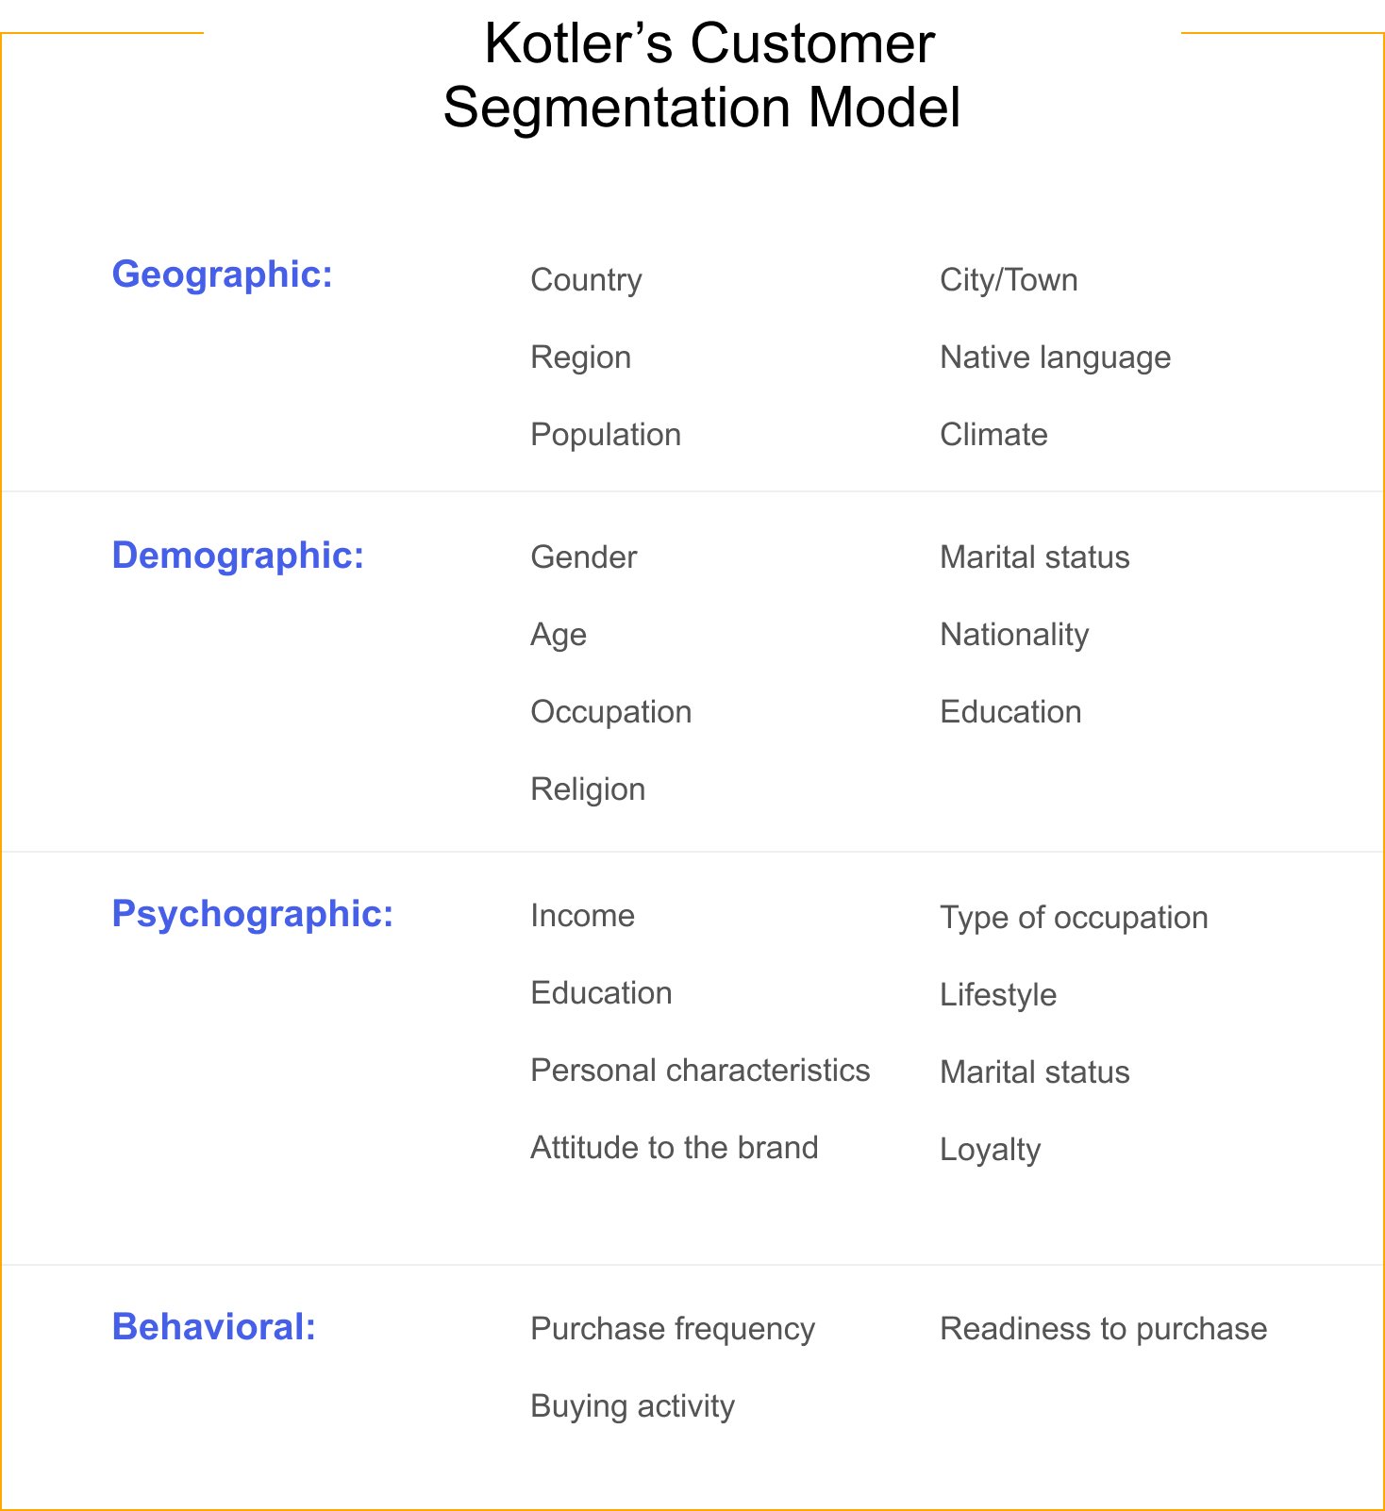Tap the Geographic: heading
coord(223,275)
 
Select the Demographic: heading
coord(238,556)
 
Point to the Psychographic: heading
coord(253,915)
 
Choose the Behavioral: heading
coord(214,1327)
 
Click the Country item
coord(587,280)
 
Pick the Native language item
coord(1056,358)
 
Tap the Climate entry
coord(994,435)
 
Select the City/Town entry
coord(1010,280)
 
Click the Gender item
coord(584,557)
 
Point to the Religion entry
coord(589,790)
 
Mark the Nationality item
coord(1015,636)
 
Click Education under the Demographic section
coord(1011,712)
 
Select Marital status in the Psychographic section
coord(1035,1072)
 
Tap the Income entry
coord(583,916)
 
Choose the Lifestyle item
coord(999,996)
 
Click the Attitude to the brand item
coord(675,1148)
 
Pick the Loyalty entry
coord(991,1151)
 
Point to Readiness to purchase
coord(1104,1330)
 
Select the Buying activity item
coord(633,1407)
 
